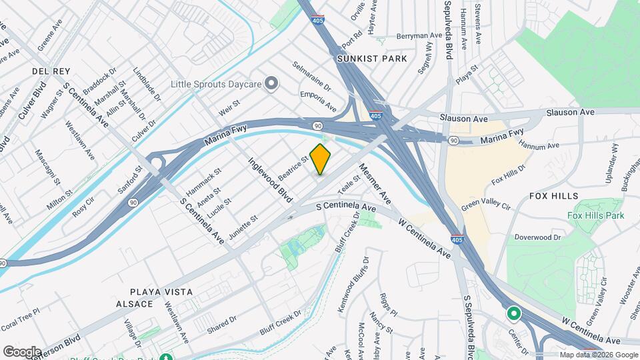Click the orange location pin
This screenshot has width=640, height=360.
point(321,159)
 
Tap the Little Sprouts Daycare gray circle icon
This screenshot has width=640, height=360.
point(271,83)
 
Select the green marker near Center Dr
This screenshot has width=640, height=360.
point(513,312)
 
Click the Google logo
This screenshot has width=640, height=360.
point(22,351)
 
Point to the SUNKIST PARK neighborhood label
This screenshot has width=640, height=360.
point(372,59)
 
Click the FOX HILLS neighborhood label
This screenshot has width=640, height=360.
point(553,196)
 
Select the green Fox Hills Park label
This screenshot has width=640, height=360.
point(596,215)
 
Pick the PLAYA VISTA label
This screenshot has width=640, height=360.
point(161,292)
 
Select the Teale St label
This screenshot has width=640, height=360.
point(349,183)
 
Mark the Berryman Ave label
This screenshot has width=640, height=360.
point(419,36)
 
